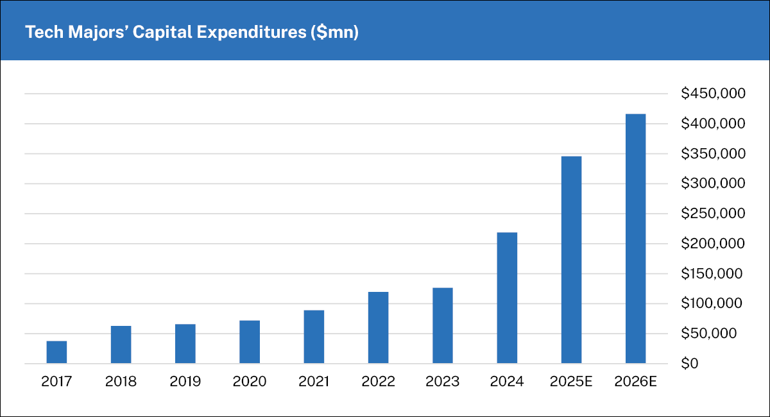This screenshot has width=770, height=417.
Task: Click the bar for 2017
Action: (x=56, y=352)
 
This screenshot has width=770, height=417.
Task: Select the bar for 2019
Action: (x=185, y=344)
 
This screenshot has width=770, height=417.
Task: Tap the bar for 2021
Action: (x=314, y=337)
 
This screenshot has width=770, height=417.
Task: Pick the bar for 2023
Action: (x=443, y=325)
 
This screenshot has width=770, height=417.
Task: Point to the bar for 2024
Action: (x=507, y=298)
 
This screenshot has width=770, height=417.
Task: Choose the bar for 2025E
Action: (x=571, y=260)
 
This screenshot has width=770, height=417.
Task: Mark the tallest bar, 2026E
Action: (x=635, y=239)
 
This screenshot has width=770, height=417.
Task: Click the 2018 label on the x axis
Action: (x=121, y=382)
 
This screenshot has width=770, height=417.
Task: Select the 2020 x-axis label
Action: (x=250, y=382)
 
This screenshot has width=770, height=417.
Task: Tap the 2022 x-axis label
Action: (x=378, y=382)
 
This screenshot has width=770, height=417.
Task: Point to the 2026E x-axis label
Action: (x=635, y=382)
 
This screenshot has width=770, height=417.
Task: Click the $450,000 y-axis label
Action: (x=713, y=94)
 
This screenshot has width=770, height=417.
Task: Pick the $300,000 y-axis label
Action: (x=713, y=183)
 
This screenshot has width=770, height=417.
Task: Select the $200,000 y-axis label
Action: (x=713, y=244)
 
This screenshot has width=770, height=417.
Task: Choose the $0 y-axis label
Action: (x=690, y=364)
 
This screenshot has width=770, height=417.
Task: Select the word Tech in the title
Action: (x=40, y=33)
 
